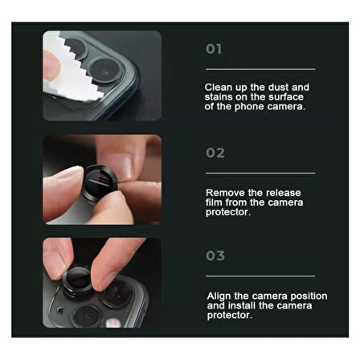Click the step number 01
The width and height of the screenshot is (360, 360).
pos(214,49)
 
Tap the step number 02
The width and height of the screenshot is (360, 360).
pos(215,153)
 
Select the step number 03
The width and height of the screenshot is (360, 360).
pos(215,256)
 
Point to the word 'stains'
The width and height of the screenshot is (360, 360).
pos(219,96)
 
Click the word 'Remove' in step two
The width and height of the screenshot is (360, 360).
pos(224,193)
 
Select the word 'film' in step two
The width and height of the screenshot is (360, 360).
pos(215,202)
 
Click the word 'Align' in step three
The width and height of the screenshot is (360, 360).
pos(219,297)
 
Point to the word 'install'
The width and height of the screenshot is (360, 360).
pos(242,306)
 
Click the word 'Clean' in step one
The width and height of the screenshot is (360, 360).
pos(219,87)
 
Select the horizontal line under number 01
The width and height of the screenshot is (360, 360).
pos(260,69)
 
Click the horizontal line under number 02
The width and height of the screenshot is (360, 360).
pos(260,173)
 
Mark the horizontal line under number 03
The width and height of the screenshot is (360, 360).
pos(260,276)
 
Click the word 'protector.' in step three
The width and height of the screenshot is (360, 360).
pos(230,316)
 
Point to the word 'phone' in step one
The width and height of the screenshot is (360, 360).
pos(248,106)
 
